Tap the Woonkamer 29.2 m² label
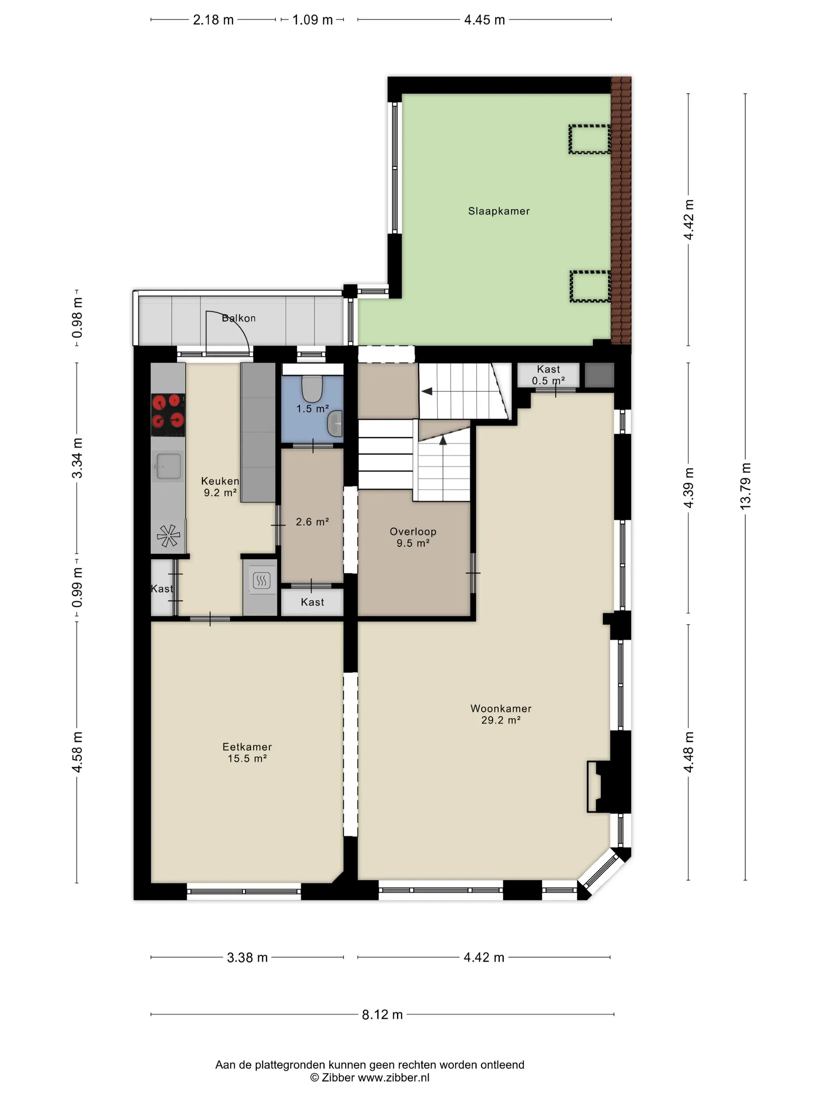(501, 714)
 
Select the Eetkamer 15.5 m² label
(247, 752)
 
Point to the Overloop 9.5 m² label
(413, 537)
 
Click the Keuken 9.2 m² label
(220, 487)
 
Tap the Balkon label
(239, 318)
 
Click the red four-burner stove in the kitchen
(168, 411)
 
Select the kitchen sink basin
(168, 466)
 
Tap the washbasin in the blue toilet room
(335, 423)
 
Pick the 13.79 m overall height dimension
(746, 486)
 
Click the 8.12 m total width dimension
(382, 1014)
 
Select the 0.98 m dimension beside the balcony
(77, 317)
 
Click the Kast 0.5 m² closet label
(548, 375)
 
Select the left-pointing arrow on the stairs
(427, 391)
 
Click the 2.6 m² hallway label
(312, 522)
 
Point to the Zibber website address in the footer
(393, 1077)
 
